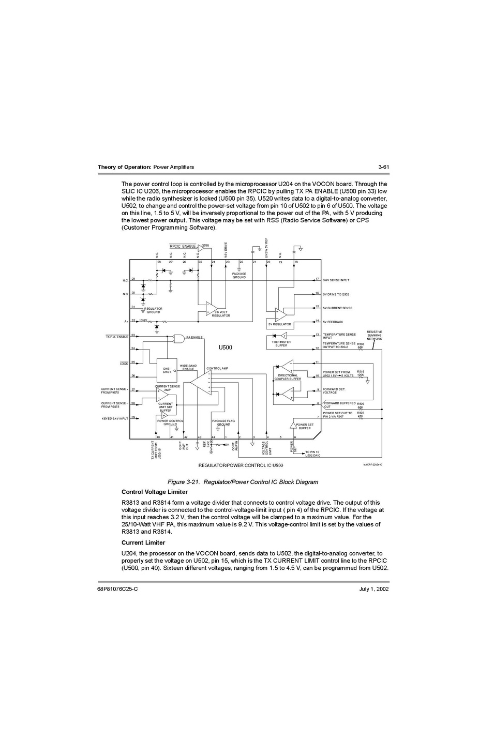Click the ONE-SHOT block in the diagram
click(x=167, y=370)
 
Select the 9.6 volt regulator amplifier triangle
click(x=211, y=308)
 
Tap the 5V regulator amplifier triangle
click(x=280, y=313)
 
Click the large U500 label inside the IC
click(x=225, y=348)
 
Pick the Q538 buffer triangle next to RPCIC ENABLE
click(x=201, y=248)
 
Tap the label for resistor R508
click(x=360, y=343)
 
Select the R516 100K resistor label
click(x=361, y=373)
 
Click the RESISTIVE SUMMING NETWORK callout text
click(x=374, y=335)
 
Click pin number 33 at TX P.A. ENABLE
click(x=133, y=335)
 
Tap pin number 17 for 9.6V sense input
click(x=318, y=279)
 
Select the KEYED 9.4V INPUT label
click(x=114, y=418)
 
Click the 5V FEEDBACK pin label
click(x=333, y=322)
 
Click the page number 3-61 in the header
click(x=383, y=167)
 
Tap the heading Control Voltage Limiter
click(x=154, y=492)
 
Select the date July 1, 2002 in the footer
click(x=373, y=589)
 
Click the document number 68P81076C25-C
click(x=118, y=589)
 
